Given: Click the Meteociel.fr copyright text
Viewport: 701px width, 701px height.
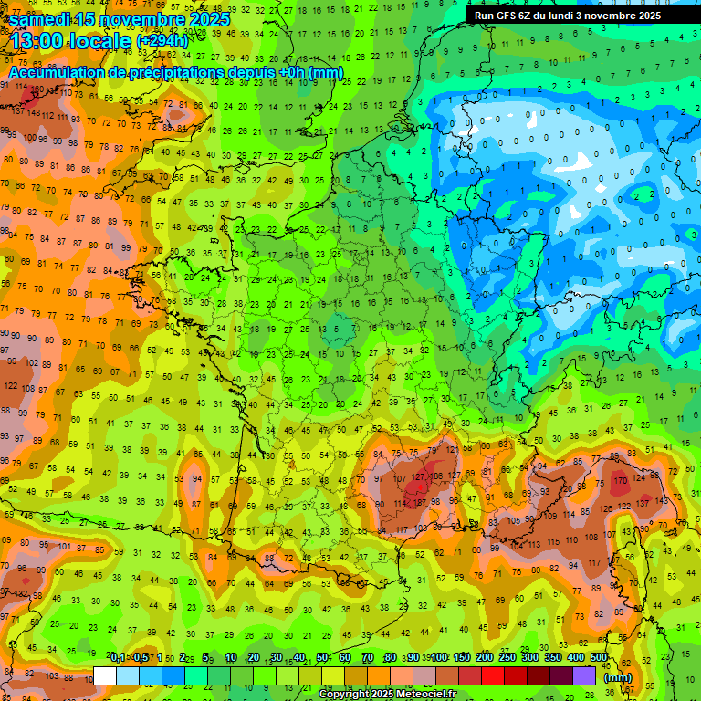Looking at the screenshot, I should coord(387,695).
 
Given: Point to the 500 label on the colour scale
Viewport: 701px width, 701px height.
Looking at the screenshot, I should coord(598,658).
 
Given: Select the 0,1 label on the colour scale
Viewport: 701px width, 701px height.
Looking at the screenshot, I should coord(117,658).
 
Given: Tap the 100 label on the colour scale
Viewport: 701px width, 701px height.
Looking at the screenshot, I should coord(439,658).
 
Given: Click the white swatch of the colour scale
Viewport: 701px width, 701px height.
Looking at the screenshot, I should coord(105,675).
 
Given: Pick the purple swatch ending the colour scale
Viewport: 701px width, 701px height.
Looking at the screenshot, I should coord(584,675).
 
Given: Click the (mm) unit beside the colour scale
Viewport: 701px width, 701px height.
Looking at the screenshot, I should coord(618,676).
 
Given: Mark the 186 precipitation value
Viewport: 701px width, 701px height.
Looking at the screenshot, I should coord(439,476).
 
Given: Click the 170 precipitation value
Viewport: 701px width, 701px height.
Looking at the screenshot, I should coord(621,480).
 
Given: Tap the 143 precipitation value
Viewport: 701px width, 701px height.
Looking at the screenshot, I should coord(662,499).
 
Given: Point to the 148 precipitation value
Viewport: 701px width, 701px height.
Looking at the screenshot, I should coord(34,114).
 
